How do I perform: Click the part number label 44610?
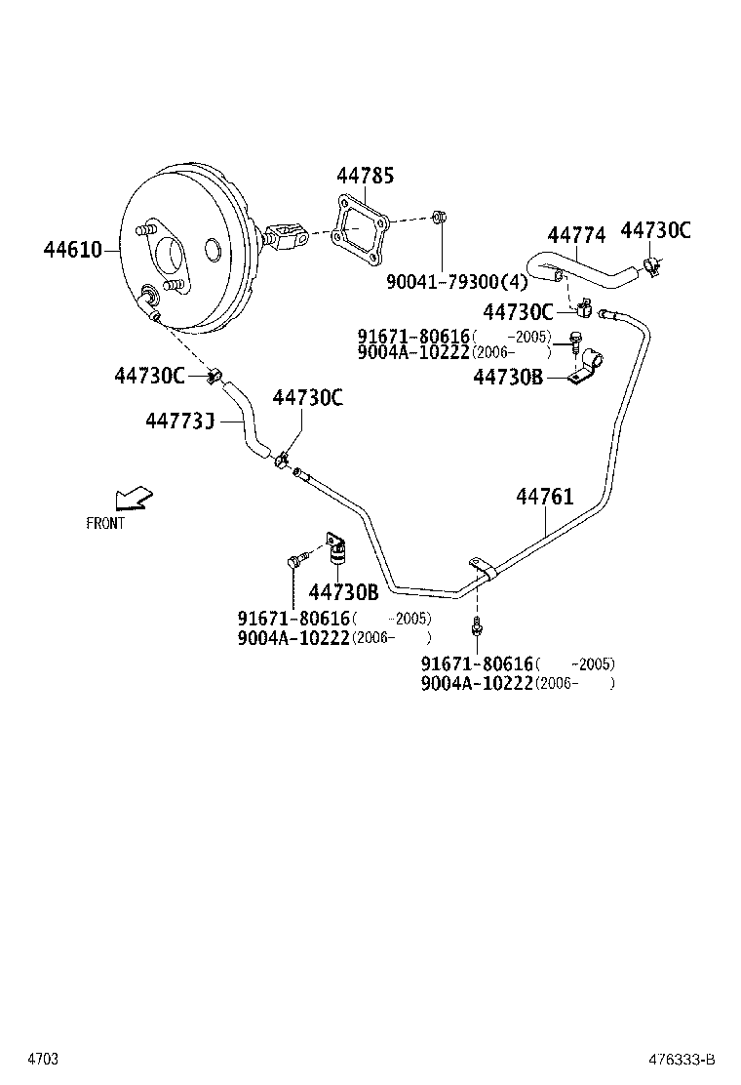(x=72, y=250)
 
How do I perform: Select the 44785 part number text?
(x=366, y=177)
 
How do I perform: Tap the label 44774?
(x=576, y=235)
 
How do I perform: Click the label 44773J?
(x=179, y=421)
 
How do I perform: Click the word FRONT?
(x=105, y=524)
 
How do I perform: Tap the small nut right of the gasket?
(x=439, y=218)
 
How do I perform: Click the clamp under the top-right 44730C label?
(x=651, y=264)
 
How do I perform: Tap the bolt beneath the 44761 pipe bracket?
(x=476, y=624)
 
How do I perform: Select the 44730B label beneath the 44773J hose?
(x=343, y=592)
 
